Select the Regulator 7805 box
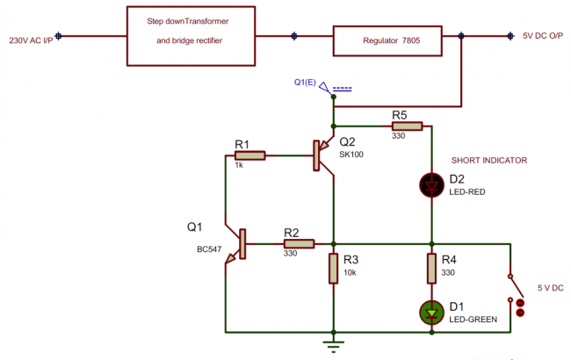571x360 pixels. point(387,40)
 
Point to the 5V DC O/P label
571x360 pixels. point(541,36)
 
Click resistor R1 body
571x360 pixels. point(249,155)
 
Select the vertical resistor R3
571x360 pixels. point(334,268)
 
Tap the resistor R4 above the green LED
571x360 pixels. point(432,268)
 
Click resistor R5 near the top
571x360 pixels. point(406,126)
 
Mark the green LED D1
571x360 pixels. point(432,312)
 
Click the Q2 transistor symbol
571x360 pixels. point(321,156)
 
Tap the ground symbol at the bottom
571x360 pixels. point(334,344)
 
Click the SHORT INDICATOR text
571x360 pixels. point(488,161)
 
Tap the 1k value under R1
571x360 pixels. point(239,165)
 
